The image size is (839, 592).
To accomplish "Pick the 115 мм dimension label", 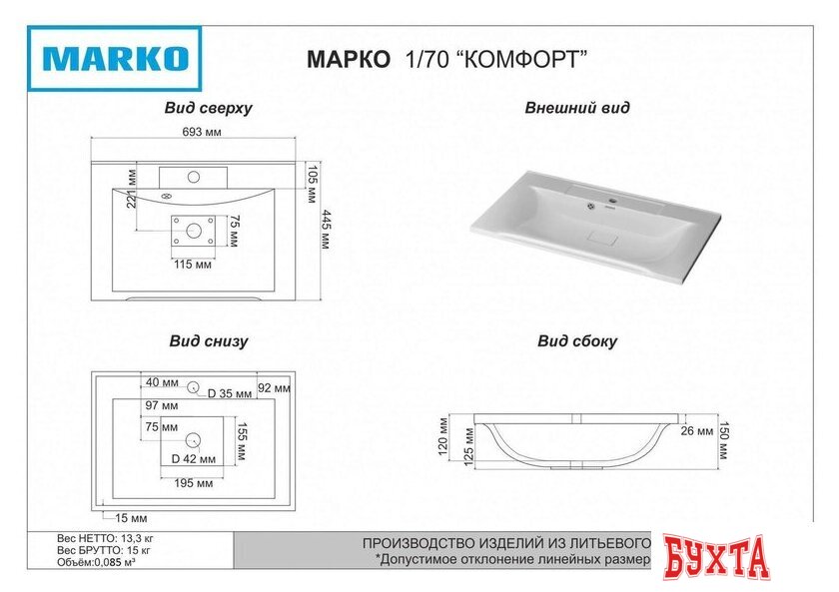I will tap(192, 265).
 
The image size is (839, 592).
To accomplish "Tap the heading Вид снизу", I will tap(208, 341).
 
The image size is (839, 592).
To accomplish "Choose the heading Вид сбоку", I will tap(577, 341).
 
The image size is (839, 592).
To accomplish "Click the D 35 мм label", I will tap(231, 393).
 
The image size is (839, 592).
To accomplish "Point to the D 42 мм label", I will tap(193, 459).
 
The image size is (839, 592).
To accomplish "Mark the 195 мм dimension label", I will tap(194, 484).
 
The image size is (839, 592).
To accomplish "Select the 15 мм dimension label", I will tap(131, 518).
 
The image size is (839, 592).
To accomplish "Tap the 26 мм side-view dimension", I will tap(698, 431).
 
